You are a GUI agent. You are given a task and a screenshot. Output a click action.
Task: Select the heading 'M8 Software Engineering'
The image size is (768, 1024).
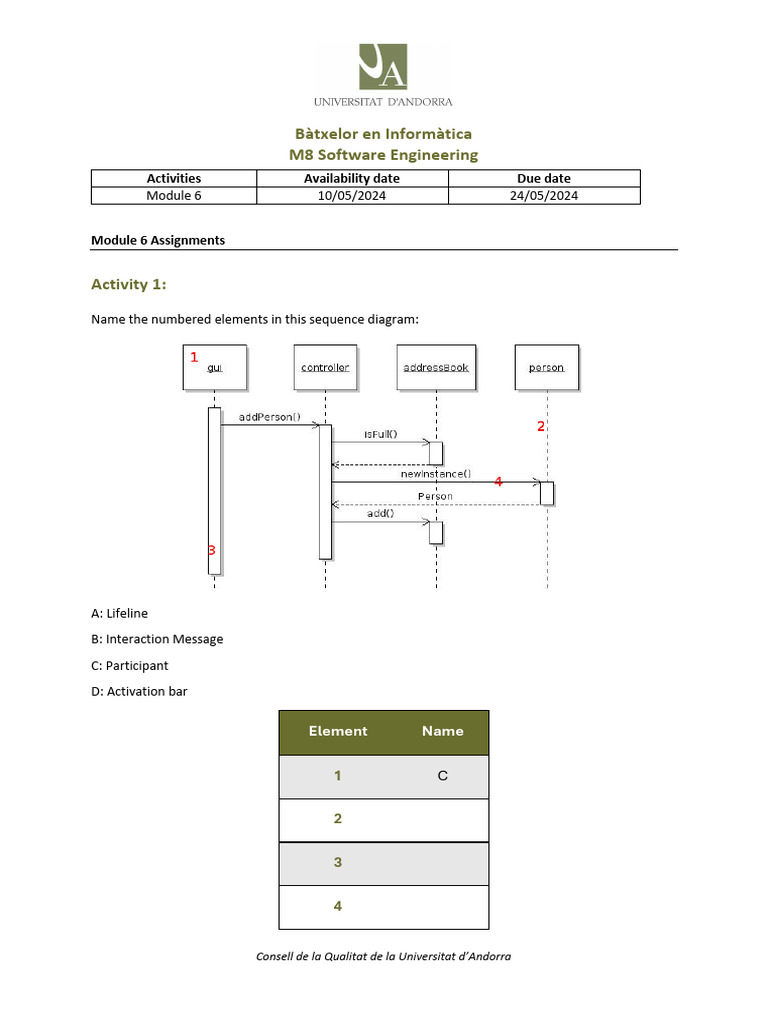point(383,155)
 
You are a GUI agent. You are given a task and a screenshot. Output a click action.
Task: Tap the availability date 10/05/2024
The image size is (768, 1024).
point(352,196)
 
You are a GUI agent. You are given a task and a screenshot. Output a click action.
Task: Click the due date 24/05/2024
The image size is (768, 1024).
point(544,196)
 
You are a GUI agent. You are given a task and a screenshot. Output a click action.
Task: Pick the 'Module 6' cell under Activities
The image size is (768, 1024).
point(174,196)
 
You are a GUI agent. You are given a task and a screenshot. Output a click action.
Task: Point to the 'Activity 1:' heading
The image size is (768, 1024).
point(129,285)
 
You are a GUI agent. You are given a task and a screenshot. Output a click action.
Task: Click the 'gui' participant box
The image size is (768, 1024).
point(214,367)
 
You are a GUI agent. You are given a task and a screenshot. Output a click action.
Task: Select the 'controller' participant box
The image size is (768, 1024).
point(325,367)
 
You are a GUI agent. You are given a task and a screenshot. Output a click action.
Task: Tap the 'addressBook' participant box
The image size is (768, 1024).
point(436,367)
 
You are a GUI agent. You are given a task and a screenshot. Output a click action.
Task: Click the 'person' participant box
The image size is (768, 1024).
point(546,367)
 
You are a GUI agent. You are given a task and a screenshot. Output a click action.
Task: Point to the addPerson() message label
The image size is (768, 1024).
point(270,416)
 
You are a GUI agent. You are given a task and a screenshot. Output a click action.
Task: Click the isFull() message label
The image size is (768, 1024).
point(379,434)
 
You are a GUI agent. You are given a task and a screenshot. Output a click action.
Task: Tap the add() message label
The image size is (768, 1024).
point(380,513)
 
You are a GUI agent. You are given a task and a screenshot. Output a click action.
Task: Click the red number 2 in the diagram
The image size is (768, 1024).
point(541,426)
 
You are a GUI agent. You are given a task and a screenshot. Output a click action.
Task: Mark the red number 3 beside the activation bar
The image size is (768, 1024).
point(211,550)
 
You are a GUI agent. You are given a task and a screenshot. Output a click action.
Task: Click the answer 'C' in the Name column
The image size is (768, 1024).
point(442,776)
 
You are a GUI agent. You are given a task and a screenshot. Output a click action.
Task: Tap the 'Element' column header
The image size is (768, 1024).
point(338,731)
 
